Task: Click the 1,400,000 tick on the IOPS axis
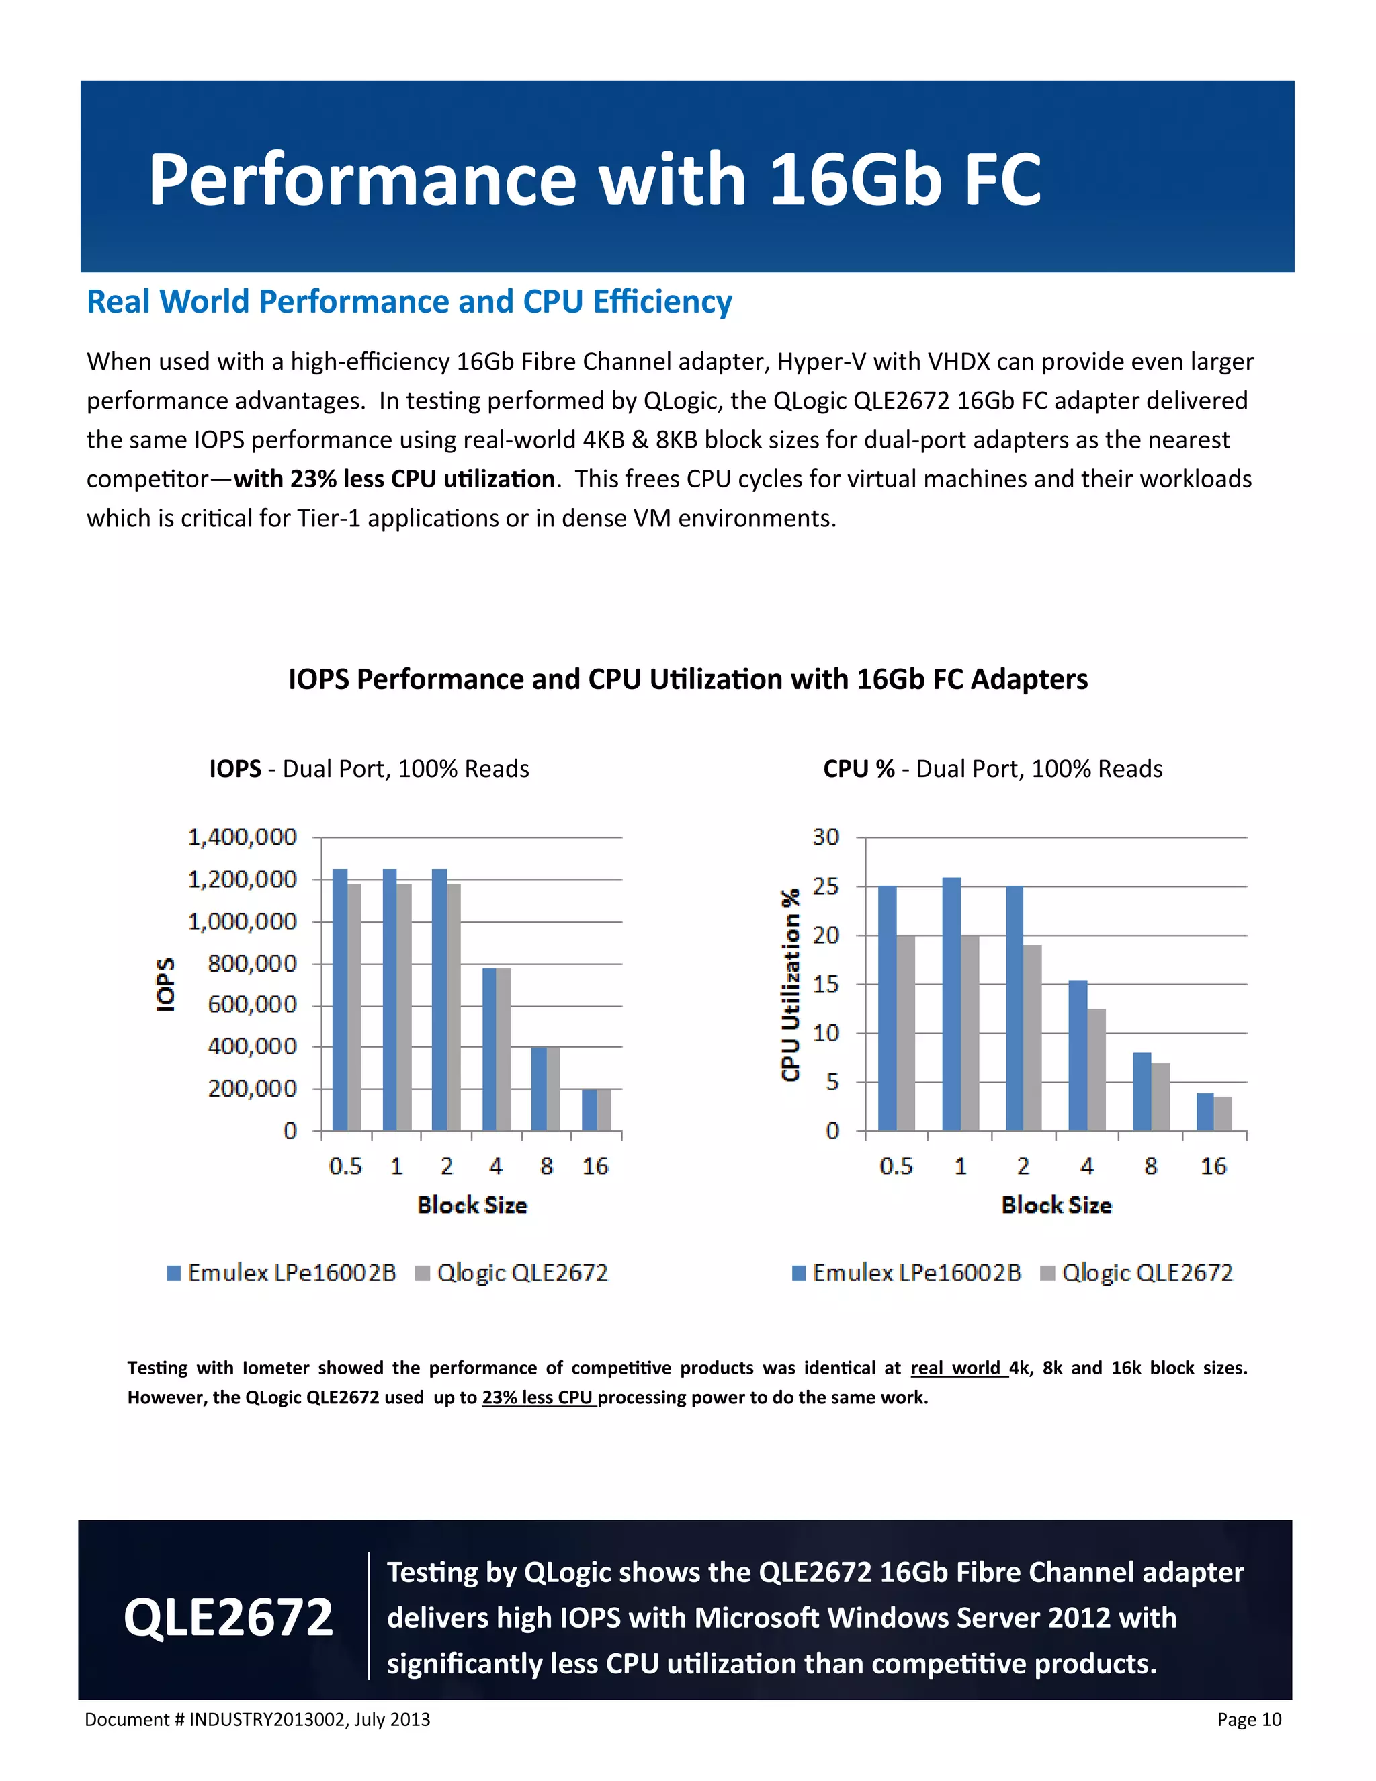click(242, 837)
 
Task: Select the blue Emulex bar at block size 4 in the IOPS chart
click(489, 1050)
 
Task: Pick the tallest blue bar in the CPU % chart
click(951, 1004)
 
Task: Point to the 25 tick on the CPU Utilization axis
click(825, 886)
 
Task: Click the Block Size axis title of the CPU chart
click(1056, 1205)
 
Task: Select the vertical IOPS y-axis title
click(165, 985)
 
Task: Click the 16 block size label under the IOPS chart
click(595, 1167)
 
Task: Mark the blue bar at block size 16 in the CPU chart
click(1205, 1112)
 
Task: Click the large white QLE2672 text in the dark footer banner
click(228, 1618)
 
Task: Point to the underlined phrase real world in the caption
click(955, 1368)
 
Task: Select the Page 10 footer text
click(1249, 1720)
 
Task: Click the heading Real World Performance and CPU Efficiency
click(409, 302)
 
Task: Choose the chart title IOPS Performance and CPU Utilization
click(687, 679)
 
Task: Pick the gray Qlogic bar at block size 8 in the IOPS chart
click(553, 1089)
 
